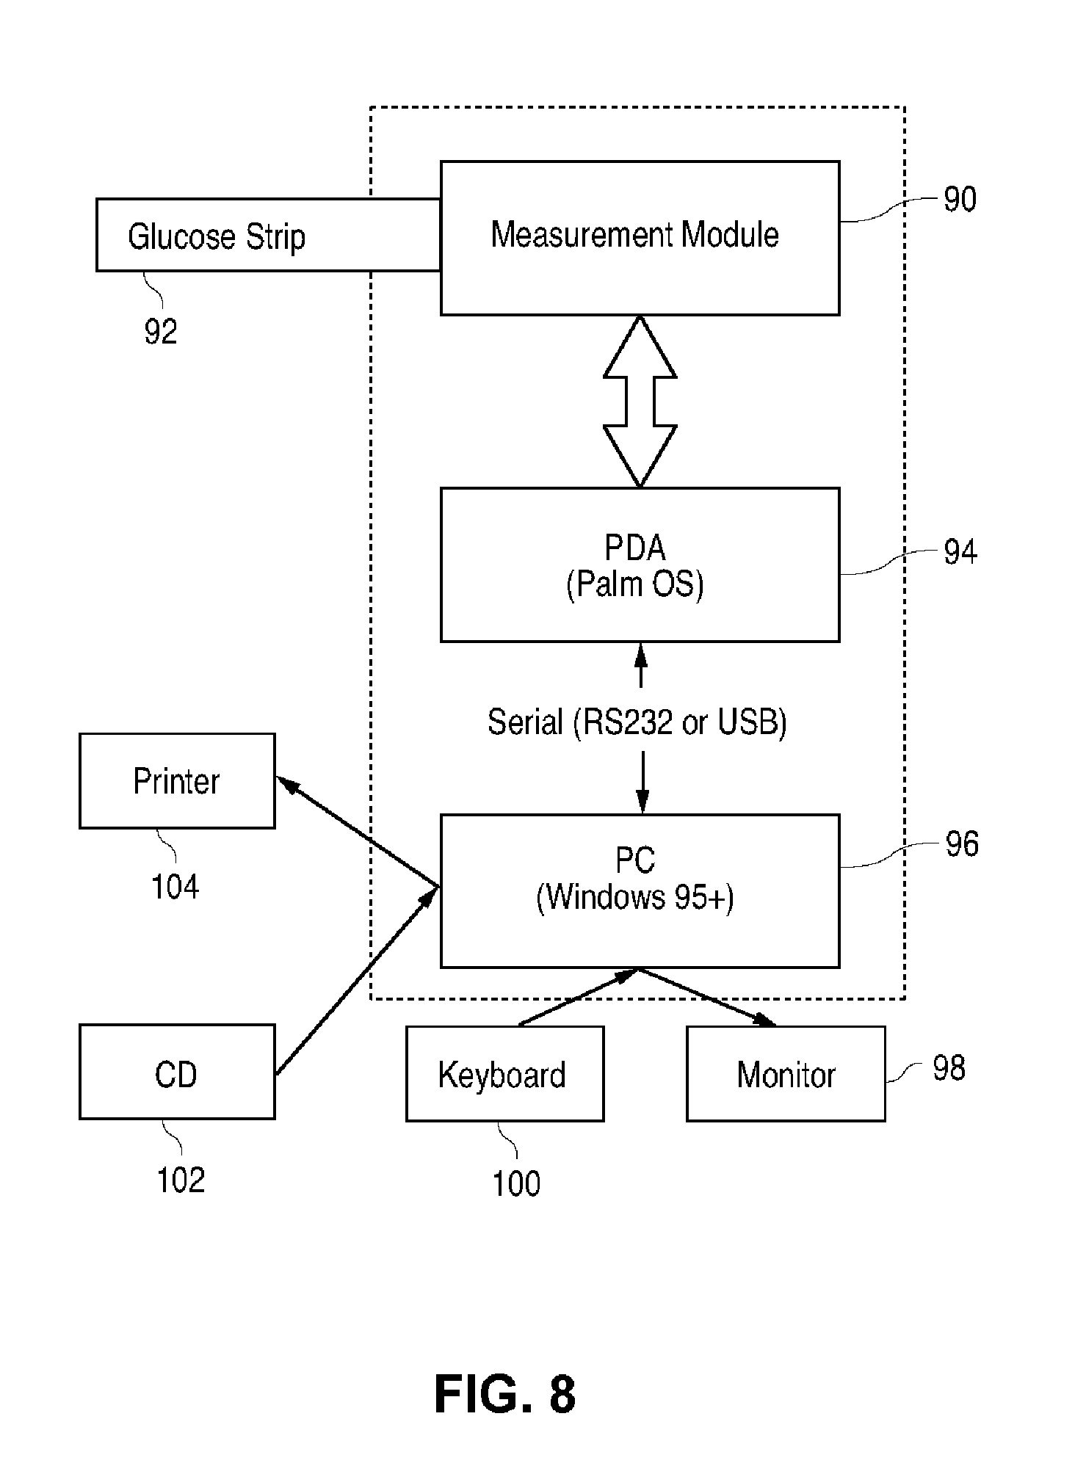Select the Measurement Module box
coord(640,238)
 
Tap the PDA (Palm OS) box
coord(640,565)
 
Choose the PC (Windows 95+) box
coord(640,890)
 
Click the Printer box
coord(177,781)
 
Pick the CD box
coord(177,1072)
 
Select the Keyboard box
coord(504,1074)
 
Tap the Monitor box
coord(786,1074)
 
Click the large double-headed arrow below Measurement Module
coord(640,402)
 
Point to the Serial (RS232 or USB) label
coord(637,722)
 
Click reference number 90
coord(960,200)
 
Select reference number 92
coord(161,332)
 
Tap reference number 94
coord(960,552)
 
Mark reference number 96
coord(962,844)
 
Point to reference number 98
coord(949,1068)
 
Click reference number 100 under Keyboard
coord(516,1184)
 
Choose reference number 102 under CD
coord(181,1180)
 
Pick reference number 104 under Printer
coord(175,887)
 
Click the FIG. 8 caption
coord(505,1395)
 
